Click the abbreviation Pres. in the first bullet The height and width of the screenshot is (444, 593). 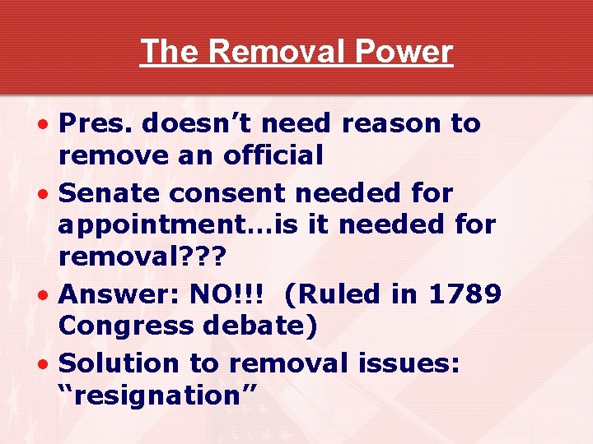pos(96,123)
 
